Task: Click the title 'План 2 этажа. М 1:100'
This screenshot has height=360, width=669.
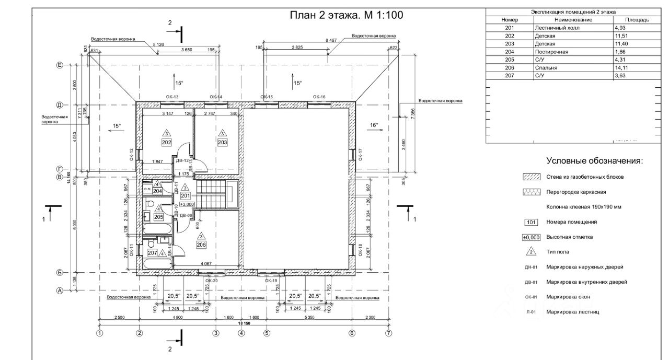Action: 347,15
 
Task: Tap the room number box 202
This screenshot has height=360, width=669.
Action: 167,142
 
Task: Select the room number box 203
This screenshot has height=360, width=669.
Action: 223,142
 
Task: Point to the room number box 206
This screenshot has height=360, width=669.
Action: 201,245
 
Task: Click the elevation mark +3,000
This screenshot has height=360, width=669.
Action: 187,204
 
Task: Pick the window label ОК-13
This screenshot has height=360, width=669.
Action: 172,97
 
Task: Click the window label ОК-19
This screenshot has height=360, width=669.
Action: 270,281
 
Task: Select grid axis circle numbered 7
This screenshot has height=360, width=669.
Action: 388,332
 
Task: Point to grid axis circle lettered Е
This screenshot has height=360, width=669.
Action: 60,65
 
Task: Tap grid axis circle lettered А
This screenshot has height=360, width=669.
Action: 60,291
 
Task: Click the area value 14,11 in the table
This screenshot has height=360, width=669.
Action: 620,68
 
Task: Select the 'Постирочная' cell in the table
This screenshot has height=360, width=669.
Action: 551,52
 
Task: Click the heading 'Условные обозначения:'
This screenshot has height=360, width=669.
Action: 594,161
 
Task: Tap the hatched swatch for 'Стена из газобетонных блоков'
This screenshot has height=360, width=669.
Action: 532,177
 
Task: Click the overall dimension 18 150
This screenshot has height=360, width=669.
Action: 244,323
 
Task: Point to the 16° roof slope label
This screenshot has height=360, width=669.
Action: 374,125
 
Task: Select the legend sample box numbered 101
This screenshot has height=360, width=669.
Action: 531,222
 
